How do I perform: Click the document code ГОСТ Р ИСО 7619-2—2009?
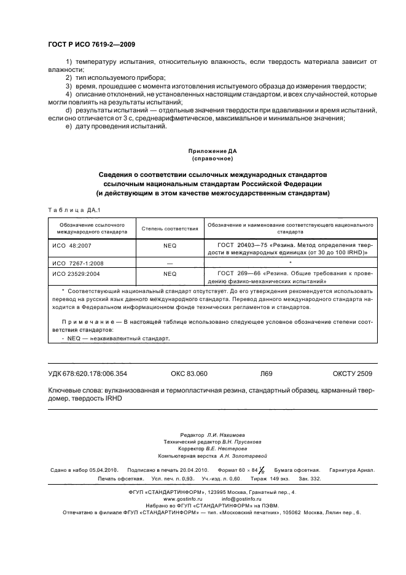pyautogui.click(x=92, y=45)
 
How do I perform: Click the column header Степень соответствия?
pyautogui.click(x=170, y=229)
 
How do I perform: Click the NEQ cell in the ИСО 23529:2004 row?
pyautogui.click(x=170, y=274)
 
